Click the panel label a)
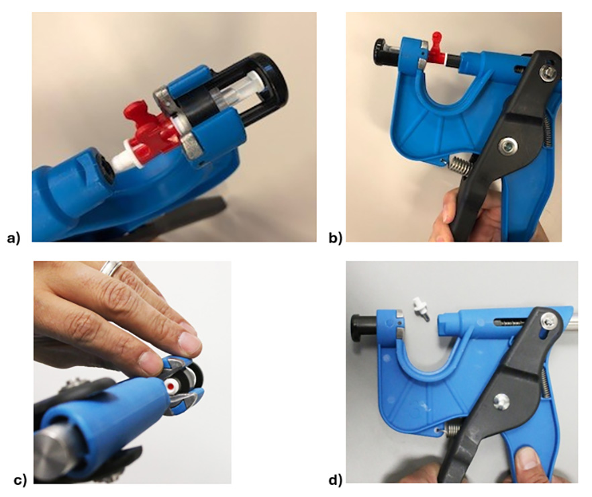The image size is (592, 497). coord(13,238)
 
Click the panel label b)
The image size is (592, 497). coord(335,238)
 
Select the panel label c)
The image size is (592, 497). coord(20,480)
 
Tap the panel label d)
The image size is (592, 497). coord(336,480)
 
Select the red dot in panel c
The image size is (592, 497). coord(171,386)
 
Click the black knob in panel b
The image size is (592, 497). coord(381,48)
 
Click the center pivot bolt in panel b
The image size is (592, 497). coord(505,144)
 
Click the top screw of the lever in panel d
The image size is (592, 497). coord(547,321)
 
